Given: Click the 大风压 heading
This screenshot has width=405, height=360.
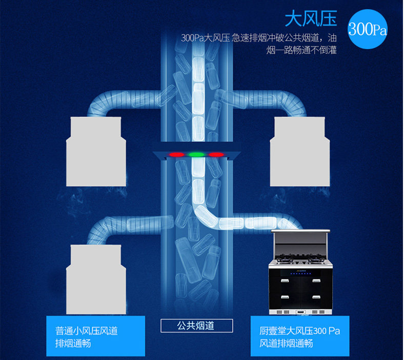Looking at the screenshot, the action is [x=311, y=18].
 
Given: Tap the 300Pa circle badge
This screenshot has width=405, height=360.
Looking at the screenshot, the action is [x=367, y=29].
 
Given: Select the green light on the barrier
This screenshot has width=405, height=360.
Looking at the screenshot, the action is [x=196, y=154].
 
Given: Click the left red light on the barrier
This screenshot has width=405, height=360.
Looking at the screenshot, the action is [x=177, y=154].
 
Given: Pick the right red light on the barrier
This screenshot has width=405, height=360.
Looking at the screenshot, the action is [x=216, y=154].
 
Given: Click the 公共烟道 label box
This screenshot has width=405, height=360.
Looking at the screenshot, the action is [x=196, y=326].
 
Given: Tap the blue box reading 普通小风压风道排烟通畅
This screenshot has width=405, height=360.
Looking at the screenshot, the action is [x=95, y=336].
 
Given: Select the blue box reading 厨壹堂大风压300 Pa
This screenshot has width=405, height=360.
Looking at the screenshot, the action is [x=299, y=336].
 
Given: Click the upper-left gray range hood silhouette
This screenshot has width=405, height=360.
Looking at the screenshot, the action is [x=96, y=152].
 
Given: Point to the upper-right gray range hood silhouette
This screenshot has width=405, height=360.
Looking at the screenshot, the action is [x=299, y=152].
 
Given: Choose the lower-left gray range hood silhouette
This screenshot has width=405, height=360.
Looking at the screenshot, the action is [x=96, y=279].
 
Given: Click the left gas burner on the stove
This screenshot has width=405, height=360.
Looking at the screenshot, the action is [x=285, y=258].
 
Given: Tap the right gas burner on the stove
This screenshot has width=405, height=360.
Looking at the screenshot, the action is [x=316, y=258].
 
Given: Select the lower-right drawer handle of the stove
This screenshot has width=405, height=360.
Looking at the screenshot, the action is [x=316, y=297].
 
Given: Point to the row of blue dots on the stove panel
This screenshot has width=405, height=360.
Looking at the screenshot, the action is [x=300, y=274].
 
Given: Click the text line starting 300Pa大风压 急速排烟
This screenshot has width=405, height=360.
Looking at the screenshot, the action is [x=258, y=38].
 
